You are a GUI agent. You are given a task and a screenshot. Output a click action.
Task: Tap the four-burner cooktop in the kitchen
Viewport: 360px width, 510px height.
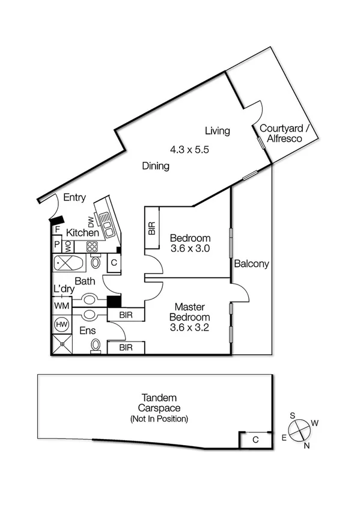[93, 246]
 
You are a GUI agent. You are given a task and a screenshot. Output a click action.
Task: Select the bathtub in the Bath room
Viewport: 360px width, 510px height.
[70, 263]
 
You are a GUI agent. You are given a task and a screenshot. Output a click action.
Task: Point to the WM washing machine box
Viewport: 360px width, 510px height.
[61, 306]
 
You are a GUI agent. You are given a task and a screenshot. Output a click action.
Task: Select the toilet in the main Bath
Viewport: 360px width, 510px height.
[96, 263]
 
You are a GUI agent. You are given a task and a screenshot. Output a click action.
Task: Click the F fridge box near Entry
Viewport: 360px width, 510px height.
[58, 230]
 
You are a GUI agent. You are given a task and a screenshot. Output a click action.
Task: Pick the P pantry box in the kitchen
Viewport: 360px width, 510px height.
[58, 245]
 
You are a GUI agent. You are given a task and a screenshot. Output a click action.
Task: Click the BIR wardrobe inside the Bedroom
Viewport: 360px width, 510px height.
[151, 228]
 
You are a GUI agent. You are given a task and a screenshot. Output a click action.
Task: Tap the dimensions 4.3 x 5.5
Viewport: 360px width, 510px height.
[189, 150]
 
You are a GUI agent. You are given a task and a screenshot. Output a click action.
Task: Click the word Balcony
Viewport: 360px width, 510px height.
[251, 263]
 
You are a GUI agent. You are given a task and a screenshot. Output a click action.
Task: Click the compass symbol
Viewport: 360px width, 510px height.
[299, 431]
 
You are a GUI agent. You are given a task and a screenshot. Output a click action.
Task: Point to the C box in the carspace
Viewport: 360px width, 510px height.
[255, 440]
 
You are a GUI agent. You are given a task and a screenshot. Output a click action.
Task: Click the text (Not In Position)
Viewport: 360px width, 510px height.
[159, 419]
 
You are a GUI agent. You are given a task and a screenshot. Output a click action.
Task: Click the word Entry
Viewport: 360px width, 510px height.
[74, 197]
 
